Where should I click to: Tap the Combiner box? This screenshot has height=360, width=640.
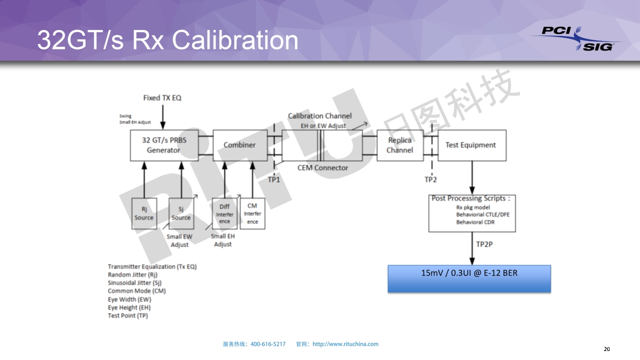[x=239, y=145]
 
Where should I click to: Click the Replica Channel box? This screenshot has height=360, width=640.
[x=399, y=145]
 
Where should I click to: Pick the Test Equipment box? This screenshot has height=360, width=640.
[x=470, y=145]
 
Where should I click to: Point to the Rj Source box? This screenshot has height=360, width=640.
[x=144, y=214]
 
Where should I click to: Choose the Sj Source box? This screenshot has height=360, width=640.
[x=181, y=214]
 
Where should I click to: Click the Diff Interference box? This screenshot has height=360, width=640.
[x=224, y=214]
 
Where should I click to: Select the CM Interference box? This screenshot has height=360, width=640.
[x=252, y=213]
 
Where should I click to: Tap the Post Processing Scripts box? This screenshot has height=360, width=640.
[x=471, y=213]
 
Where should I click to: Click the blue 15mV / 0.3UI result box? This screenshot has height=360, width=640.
[x=469, y=278]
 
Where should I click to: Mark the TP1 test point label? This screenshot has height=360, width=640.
[x=274, y=179]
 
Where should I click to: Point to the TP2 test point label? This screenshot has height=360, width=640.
[x=430, y=179]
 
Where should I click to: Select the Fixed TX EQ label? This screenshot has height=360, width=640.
[x=162, y=98]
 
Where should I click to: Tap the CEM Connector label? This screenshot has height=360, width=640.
[x=322, y=168]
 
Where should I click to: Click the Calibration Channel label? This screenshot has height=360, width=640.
[x=319, y=116]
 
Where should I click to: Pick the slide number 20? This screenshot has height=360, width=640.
[x=607, y=349]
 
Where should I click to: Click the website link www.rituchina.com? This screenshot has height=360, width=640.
[x=345, y=344]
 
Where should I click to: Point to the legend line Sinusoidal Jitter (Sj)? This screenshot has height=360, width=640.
[x=134, y=283]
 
